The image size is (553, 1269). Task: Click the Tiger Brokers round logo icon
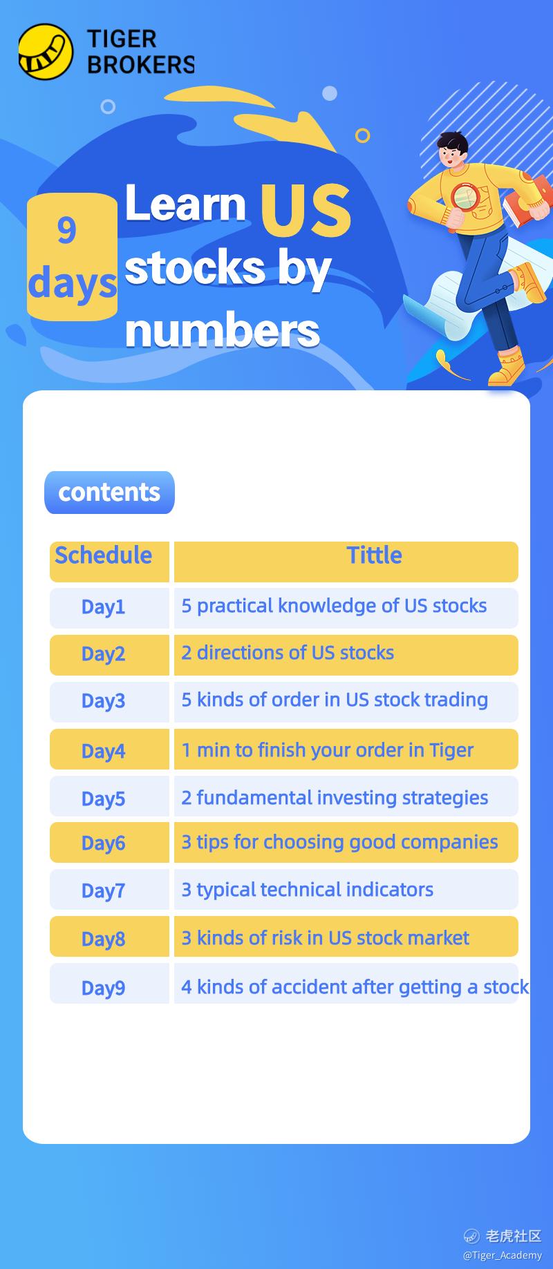(46, 51)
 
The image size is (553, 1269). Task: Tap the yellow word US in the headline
(306, 210)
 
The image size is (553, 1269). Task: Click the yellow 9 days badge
(72, 257)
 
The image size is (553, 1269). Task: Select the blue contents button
(109, 493)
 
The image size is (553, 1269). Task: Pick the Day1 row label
(104, 607)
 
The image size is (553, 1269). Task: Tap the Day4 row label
(104, 751)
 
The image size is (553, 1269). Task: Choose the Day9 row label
(104, 988)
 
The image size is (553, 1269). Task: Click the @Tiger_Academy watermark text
(503, 1255)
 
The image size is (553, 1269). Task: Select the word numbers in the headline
(223, 331)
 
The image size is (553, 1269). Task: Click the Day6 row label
(104, 843)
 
